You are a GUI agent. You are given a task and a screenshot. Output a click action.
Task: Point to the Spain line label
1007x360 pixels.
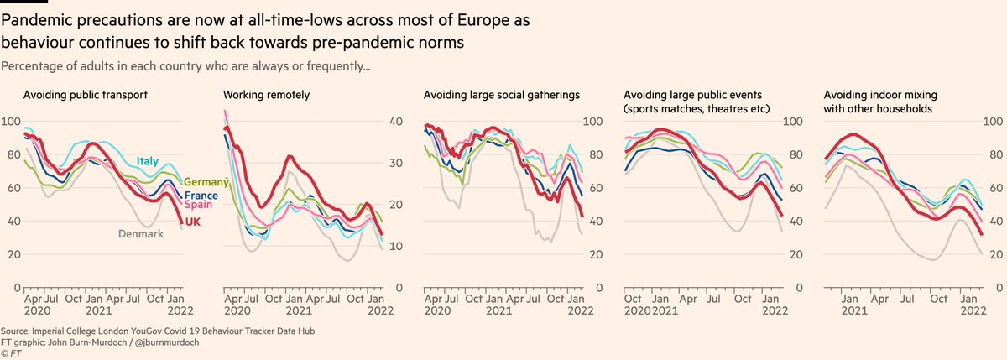click(198, 206)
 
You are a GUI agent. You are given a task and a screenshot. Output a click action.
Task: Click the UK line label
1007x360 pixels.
click(192, 221)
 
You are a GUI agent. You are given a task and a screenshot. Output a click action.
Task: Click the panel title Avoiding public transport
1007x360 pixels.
click(85, 95)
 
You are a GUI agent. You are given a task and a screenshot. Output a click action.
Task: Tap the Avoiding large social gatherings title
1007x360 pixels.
click(489, 95)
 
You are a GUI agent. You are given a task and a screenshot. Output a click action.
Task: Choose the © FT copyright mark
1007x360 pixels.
click(12, 353)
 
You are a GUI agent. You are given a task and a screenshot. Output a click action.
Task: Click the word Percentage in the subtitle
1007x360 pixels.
click(31, 65)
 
